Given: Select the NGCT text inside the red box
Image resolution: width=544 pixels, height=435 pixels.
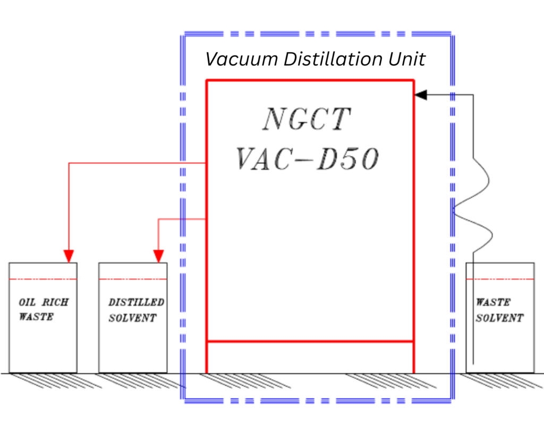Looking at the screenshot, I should click(307, 119).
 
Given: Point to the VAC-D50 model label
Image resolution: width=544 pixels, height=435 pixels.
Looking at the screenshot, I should click(307, 158).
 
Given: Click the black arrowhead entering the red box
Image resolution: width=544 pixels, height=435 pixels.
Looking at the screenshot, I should click(421, 95).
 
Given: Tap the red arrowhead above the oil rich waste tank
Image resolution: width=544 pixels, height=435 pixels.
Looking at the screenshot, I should click(69, 256).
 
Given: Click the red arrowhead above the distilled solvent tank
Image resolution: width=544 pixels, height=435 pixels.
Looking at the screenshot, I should click(158, 256).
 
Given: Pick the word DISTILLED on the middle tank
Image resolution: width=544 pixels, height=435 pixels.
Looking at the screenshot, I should click(136, 303).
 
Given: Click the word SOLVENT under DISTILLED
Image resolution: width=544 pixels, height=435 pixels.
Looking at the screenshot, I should click(132, 318).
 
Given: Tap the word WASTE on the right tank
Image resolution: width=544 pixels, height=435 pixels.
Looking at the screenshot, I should click(493, 303).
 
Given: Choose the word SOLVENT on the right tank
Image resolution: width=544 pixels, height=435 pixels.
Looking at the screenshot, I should click(499, 318).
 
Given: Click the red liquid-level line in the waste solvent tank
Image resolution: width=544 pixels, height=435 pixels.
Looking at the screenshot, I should click(500, 279).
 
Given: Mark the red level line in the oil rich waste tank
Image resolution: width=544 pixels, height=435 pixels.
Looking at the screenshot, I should click(43, 279).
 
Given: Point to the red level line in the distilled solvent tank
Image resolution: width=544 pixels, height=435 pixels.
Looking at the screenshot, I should click(133, 279).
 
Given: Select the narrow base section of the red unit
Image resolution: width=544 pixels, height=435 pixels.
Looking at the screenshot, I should click(310, 357).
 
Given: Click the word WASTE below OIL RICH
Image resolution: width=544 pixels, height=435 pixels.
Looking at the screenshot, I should click(36, 317).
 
